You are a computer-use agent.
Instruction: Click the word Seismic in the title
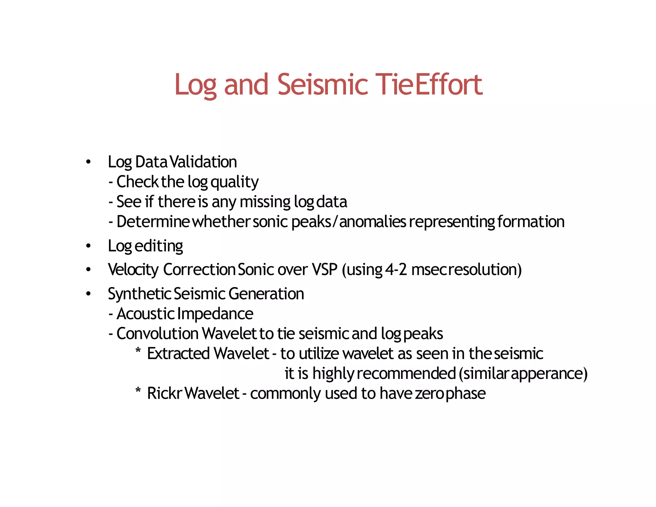[323, 85]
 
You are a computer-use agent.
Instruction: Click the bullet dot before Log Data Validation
[88, 162]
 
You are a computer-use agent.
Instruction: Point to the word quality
[234, 182]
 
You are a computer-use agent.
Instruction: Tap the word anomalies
[373, 222]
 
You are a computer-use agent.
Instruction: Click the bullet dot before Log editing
[88, 246]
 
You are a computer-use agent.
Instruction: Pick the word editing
[159, 246]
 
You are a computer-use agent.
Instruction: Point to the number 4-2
[396, 270]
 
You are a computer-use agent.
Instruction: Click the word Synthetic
[140, 294]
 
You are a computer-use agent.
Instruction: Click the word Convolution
[157, 334]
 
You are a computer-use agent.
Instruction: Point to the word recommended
[406, 374]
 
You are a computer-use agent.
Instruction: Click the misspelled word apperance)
[549, 374]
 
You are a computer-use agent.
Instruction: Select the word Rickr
[164, 394]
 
